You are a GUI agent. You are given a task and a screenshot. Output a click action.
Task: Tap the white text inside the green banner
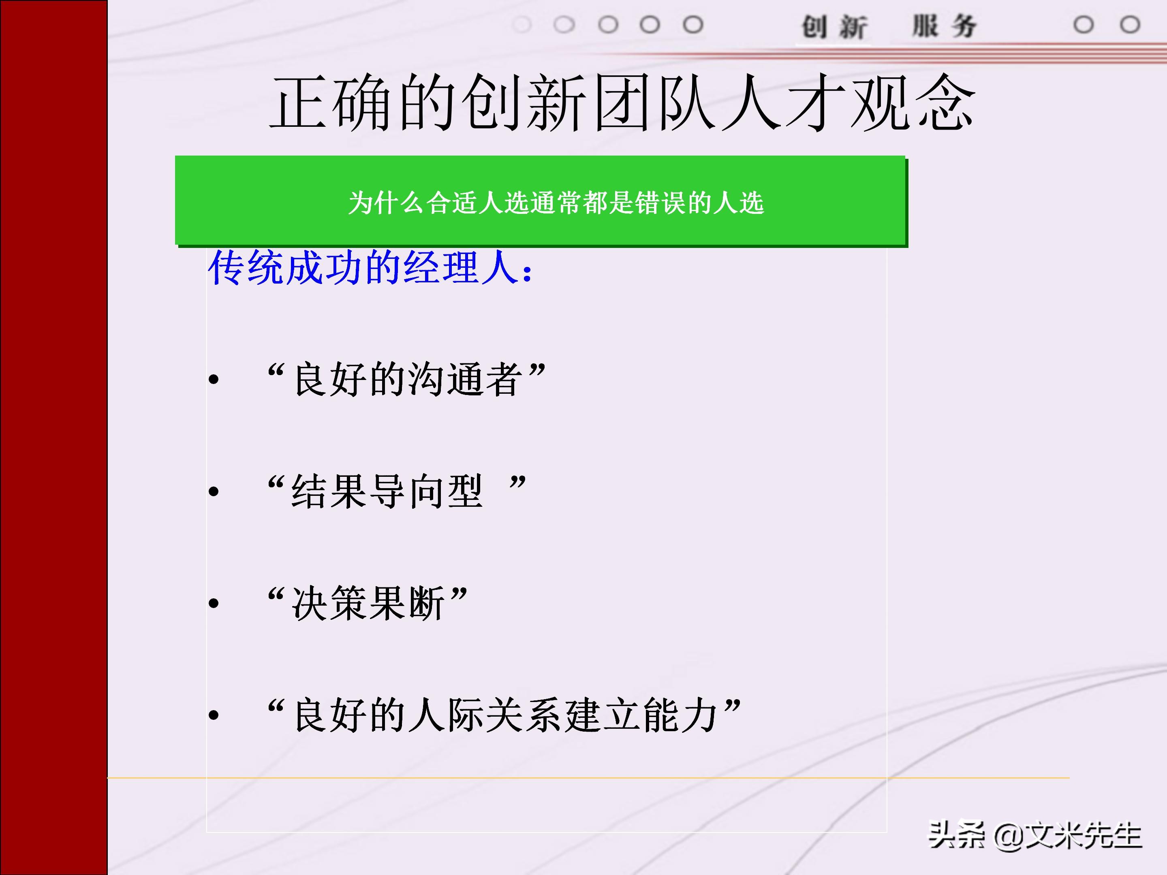pyautogui.click(x=556, y=203)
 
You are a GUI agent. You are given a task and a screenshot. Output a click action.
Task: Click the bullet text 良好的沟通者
pyautogui.click(x=406, y=379)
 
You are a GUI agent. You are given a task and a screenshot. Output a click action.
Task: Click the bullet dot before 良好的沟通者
pyautogui.click(x=214, y=379)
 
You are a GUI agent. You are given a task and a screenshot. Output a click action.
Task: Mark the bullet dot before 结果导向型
pyautogui.click(x=214, y=491)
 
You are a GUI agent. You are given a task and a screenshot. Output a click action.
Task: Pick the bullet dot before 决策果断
pyautogui.click(x=214, y=603)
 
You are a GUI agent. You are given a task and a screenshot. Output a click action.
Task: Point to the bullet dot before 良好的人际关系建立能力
pyautogui.click(x=214, y=715)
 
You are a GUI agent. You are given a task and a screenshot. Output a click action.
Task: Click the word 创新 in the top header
pyautogui.click(x=834, y=26)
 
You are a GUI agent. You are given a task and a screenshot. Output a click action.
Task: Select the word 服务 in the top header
pyautogui.click(x=945, y=26)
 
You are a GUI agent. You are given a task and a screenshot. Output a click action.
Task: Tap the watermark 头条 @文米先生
pyautogui.click(x=1034, y=835)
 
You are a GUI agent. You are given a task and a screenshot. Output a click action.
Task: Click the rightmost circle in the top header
pyautogui.click(x=1130, y=25)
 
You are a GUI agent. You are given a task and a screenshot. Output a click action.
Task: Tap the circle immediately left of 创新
pyautogui.click(x=693, y=25)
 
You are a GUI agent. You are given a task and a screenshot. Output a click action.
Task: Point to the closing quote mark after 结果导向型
pyautogui.click(x=517, y=482)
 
